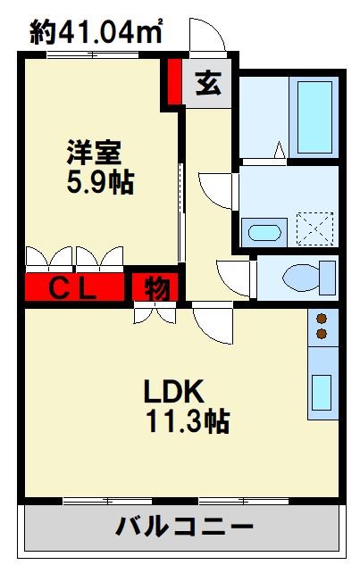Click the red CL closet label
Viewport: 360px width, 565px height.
(x=74, y=288)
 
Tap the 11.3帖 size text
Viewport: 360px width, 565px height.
(x=188, y=420)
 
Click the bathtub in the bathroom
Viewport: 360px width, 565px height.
(x=314, y=117)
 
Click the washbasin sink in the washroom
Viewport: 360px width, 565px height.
(x=264, y=233)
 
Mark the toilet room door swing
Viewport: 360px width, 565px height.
(x=235, y=277)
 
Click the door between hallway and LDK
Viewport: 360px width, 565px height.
(x=213, y=323)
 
